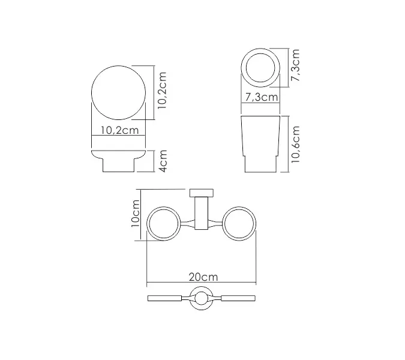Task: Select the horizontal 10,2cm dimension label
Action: tap(119, 130)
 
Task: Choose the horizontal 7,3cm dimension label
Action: tap(262, 97)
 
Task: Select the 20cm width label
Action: tap(202, 277)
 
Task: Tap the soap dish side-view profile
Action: tap(118, 160)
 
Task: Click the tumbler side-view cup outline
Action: tap(261, 144)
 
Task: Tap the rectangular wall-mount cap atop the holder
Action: tap(202, 193)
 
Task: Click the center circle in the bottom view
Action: tap(202, 298)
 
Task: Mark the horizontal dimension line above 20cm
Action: tap(202, 284)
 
